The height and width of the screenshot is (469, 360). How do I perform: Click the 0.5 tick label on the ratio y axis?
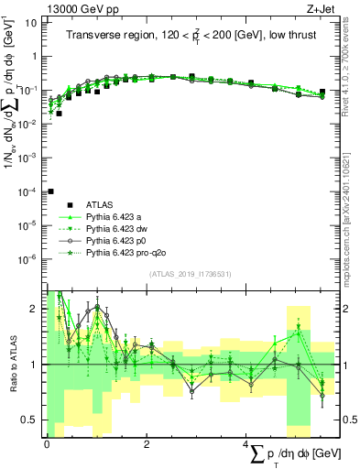pos(27,420)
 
